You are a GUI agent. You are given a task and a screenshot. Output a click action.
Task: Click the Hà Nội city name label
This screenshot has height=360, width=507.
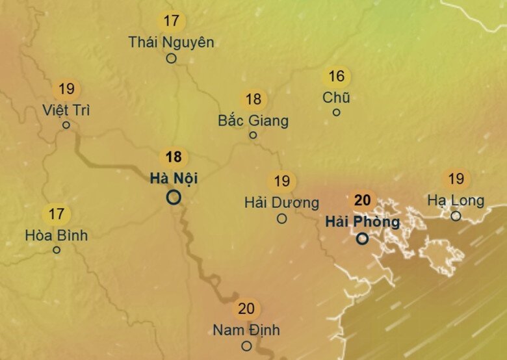[174, 178]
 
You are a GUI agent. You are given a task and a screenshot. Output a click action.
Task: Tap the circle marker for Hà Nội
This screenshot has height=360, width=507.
[174, 197]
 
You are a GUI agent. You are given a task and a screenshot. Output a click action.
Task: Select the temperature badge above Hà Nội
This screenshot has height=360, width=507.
[174, 157]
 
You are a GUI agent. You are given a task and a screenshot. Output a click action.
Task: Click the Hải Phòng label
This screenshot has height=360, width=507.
[362, 222]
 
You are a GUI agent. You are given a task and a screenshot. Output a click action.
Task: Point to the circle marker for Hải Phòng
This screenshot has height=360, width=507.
[363, 238]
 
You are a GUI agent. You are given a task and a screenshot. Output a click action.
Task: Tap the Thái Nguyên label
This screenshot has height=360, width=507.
[171, 42]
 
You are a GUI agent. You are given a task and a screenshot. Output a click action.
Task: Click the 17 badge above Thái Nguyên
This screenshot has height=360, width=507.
[171, 21]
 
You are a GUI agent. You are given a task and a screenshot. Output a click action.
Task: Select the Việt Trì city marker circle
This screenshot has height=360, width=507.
[66, 125]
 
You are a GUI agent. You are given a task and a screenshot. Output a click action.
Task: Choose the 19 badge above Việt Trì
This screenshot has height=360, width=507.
[66, 89]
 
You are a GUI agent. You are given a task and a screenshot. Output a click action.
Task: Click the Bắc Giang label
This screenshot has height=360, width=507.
[253, 120]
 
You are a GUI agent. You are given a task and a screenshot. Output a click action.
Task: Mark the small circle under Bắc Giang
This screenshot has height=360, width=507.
[253, 135]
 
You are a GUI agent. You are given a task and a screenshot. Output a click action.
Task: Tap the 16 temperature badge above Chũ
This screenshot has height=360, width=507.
[336, 77]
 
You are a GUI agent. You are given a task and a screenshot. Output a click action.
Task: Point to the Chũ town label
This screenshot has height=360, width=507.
[336, 97]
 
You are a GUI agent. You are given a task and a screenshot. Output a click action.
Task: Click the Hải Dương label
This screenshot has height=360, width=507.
[281, 203]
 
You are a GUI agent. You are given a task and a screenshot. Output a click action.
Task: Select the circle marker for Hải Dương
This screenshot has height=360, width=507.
[281, 219]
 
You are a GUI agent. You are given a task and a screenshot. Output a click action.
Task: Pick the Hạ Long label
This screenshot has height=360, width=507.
[456, 200]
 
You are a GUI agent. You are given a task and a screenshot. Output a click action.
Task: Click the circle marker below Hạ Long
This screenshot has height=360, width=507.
[456, 216]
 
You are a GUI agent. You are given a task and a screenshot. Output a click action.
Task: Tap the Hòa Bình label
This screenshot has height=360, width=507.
[56, 235]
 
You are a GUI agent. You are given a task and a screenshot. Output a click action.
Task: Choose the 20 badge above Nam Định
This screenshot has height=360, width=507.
[246, 309]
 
